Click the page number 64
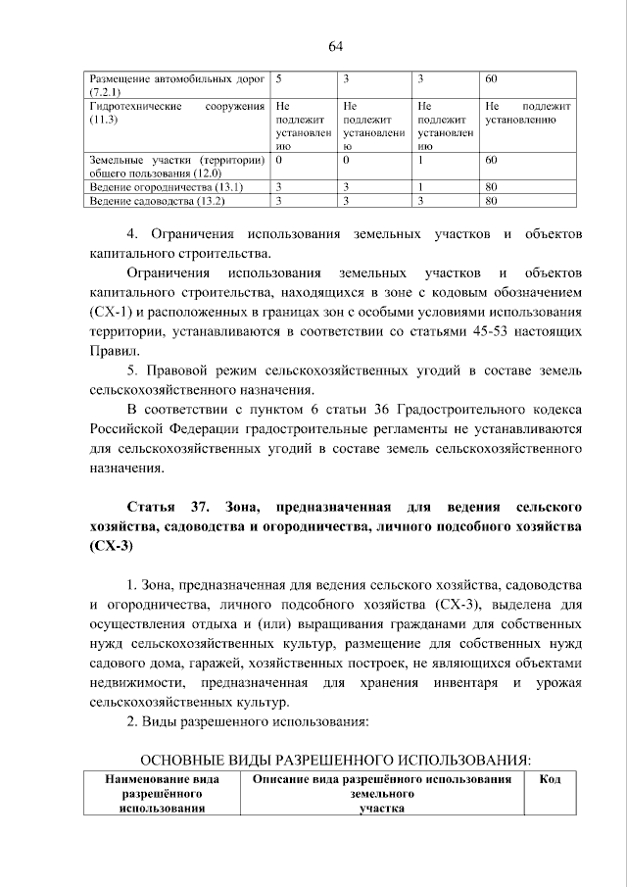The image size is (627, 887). pyautogui.click(x=335, y=46)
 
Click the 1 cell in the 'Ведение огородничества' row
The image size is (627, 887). pyautogui.click(x=420, y=186)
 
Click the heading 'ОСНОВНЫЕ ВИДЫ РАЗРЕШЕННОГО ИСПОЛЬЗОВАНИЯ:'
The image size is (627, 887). pyautogui.click(x=336, y=760)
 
